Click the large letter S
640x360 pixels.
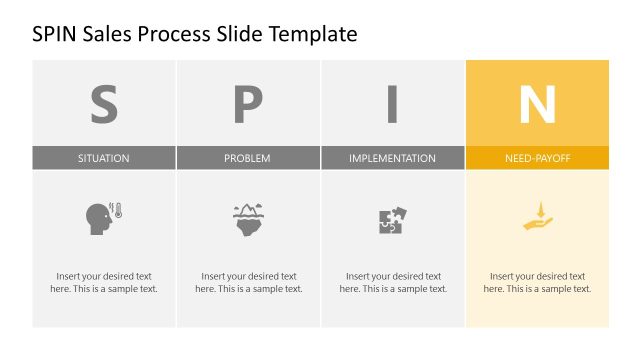click(x=104, y=103)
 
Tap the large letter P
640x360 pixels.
click(x=248, y=103)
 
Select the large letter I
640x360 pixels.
click(x=392, y=103)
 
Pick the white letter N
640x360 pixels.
click(x=537, y=103)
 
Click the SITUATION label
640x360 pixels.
click(x=104, y=158)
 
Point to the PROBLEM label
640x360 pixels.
click(x=248, y=158)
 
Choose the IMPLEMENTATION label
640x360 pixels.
click(x=392, y=158)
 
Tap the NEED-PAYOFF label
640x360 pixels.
click(x=537, y=158)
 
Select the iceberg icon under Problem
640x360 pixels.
click(x=248, y=219)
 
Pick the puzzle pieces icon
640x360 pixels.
click(x=392, y=220)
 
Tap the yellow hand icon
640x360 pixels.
click(x=537, y=217)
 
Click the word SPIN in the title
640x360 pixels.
click(x=55, y=35)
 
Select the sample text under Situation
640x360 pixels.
click(x=104, y=282)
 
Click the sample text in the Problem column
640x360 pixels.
click(x=248, y=282)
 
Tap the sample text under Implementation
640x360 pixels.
click(x=392, y=282)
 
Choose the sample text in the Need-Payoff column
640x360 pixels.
click(x=537, y=282)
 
